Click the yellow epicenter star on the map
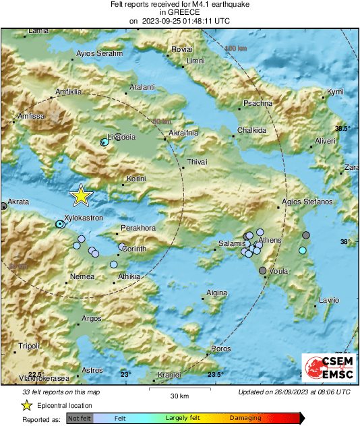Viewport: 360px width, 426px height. [81, 195]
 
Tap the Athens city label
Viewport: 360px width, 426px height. [270, 239]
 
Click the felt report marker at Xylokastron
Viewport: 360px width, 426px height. [60, 223]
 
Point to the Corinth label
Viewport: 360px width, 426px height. [134, 249]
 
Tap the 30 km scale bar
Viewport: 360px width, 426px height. [179, 389]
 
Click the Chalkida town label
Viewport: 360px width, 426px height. [252, 130]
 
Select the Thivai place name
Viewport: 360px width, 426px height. [197, 162]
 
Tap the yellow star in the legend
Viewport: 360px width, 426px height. [26, 406]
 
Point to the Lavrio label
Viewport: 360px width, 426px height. [328, 299]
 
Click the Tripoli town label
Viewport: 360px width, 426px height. [29, 346]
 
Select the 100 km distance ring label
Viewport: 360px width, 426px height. [236, 49]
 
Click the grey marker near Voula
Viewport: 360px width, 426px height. [262, 271]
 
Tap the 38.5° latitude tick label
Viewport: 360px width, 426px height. [344, 128]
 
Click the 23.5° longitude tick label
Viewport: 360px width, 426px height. [215, 375]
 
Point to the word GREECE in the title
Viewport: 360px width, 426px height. [179, 12]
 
